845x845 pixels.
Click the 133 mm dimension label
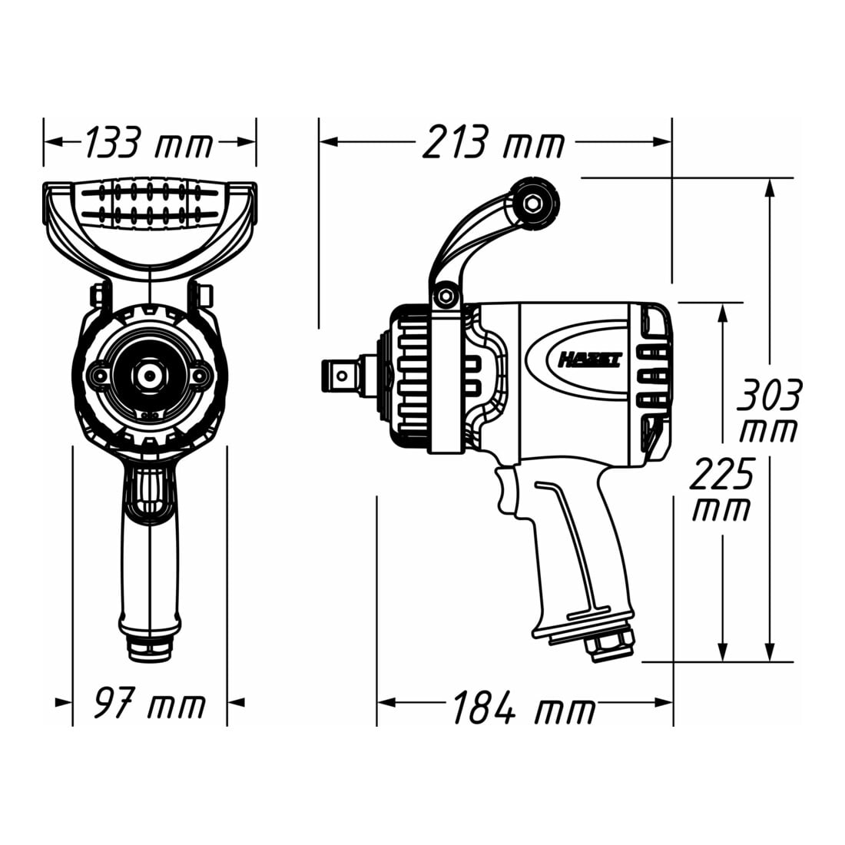(x=149, y=143)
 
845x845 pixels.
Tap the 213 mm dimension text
(x=493, y=142)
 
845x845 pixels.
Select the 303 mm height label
(x=769, y=410)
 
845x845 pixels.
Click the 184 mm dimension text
(x=524, y=707)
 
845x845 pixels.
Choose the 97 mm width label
(x=149, y=702)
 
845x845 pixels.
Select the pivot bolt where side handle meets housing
(x=445, y=295)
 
